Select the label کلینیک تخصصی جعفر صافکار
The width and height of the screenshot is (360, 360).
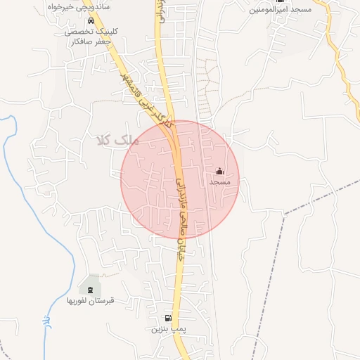[92, 37]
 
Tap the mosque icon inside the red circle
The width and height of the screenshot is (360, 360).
[219, 171]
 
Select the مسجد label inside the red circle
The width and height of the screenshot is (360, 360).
[219, 182]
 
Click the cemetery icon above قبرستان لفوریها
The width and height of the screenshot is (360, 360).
[90, 289]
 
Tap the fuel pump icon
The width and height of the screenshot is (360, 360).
[167, 318]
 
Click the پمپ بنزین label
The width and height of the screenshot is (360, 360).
[167, 328]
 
